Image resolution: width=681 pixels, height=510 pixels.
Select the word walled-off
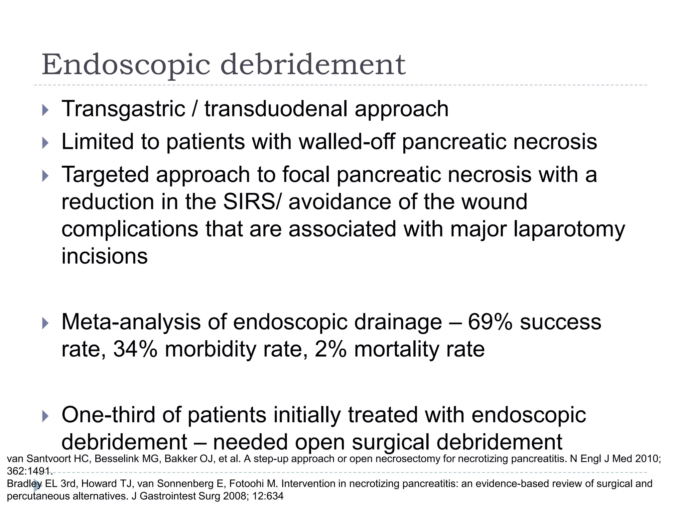click(x=347, y=142)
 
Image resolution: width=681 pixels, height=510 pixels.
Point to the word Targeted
click(x=105, y=175)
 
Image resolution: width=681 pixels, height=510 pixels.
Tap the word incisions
click(x=104, y=256)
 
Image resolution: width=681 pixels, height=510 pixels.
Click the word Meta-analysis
click(x=131, y=322)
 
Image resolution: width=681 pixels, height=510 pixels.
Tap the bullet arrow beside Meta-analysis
click(x=46, y=323)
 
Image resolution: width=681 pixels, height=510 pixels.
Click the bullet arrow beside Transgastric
click(x=46, y=110)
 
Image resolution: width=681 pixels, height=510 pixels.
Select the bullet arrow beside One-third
click(x=46, y=416)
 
